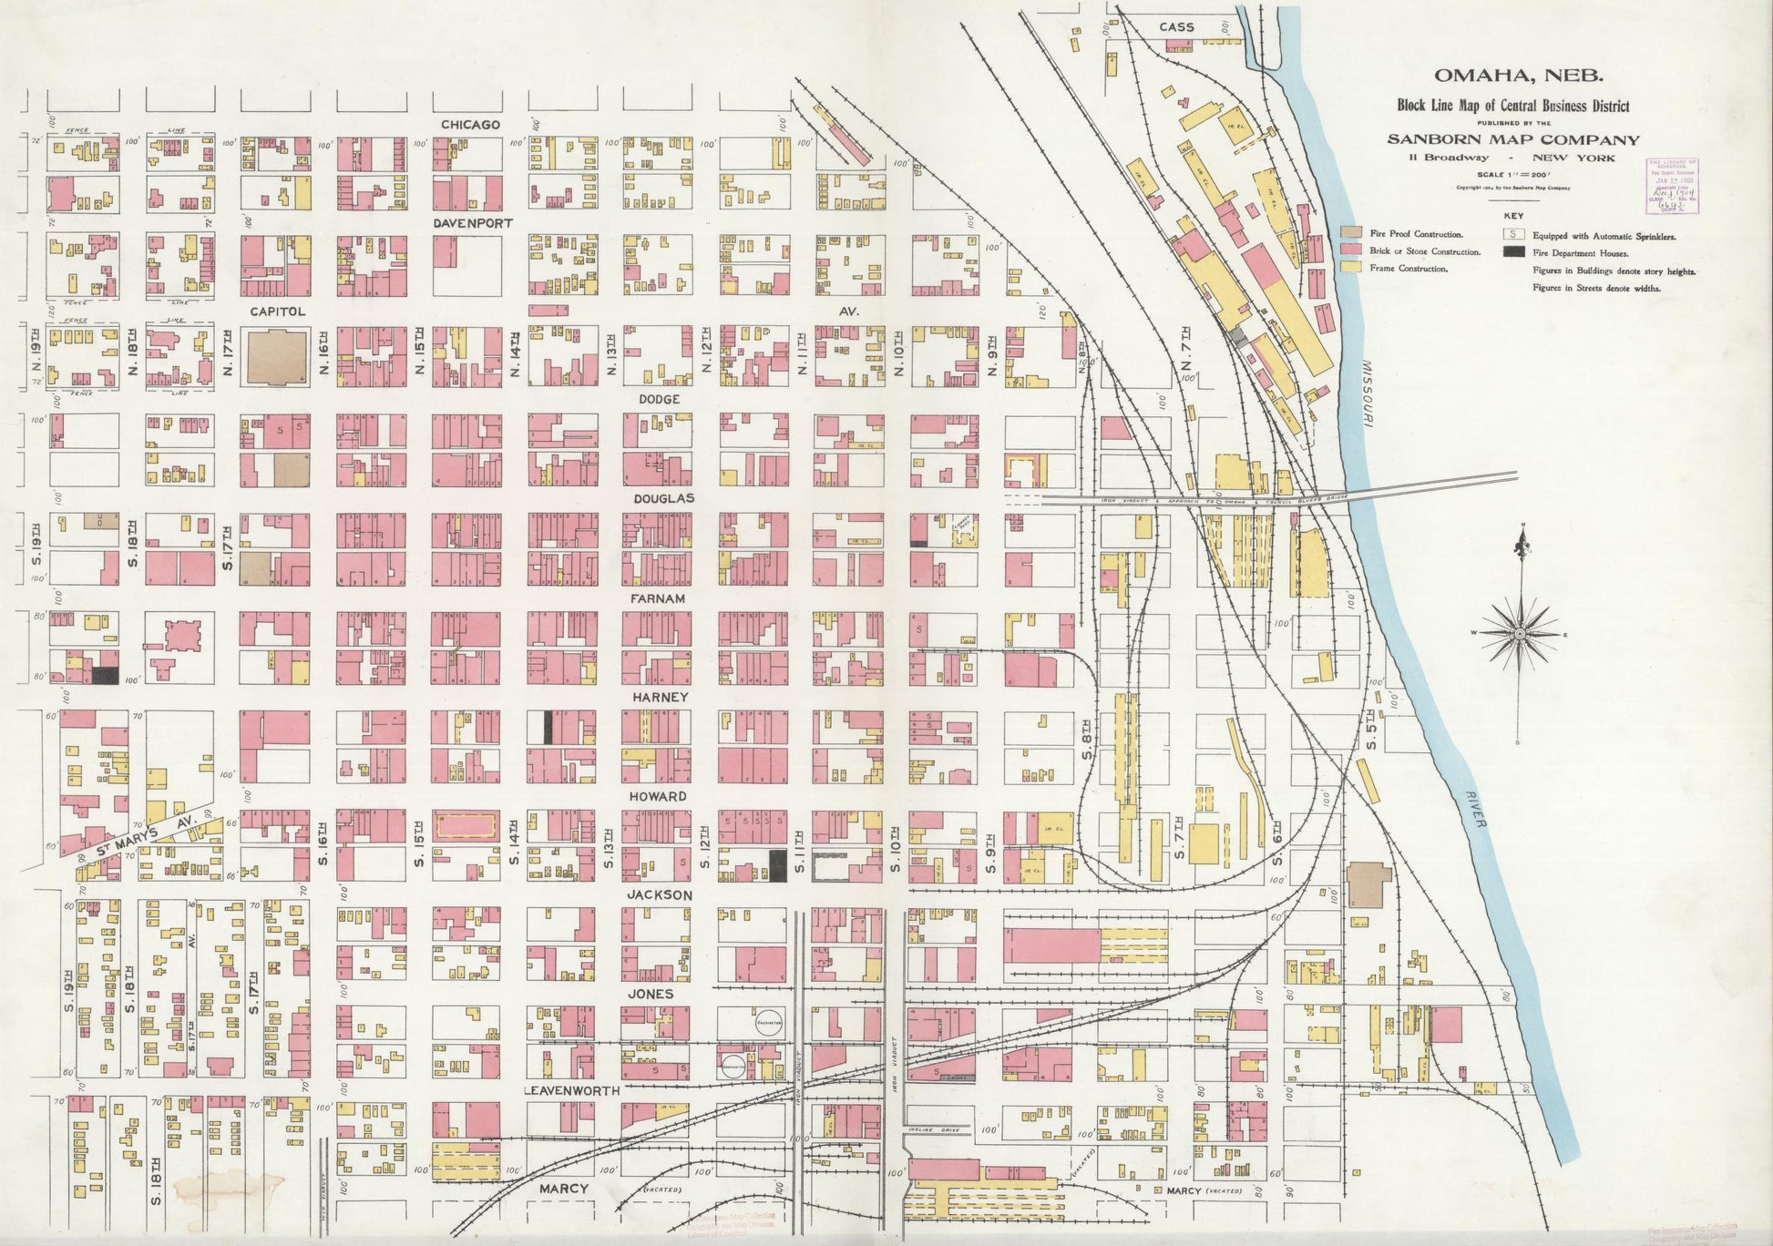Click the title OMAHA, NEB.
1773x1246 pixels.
[x=1512, y=77]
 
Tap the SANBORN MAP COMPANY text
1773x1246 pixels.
[x=1512, y=139]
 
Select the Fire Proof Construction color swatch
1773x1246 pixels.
[x=1352, y=234]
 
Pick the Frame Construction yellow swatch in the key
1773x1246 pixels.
[x=1352, y=268]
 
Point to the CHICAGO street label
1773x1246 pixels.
[x=470, y=124]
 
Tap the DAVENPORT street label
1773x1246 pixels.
[x=473, y=223]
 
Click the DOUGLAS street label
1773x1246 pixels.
[x=664, y=498]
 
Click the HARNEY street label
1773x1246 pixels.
[x=660, y=697]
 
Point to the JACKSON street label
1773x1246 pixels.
[x=659, y=895]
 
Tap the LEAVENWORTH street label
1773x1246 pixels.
[x=571, y=1090]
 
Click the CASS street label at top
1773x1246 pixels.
[x=1176, y=27]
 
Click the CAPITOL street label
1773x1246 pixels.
[x=277, y=311]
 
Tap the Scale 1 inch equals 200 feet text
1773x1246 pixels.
[x=1512, y=174]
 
